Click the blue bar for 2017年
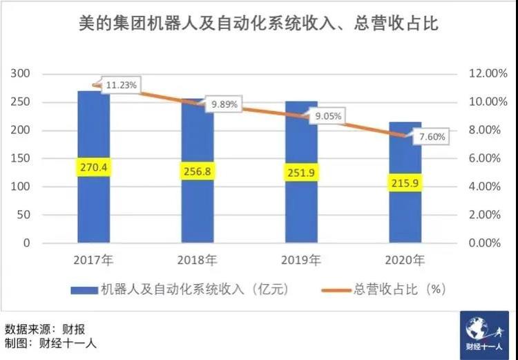point(94,167)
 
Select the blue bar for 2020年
point(405,182)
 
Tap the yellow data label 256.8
point(198,171)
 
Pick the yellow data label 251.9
point(301,172)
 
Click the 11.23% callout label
point(121,85)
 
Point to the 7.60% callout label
point(432,137)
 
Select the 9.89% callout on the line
point(224,104)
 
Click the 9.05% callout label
point(327,116)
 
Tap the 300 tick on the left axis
point(20,73)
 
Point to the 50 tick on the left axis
point(23,215)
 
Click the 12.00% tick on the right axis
point(488,73)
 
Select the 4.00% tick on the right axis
point(485,187)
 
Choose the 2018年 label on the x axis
point(198,260)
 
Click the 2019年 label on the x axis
point(301,260)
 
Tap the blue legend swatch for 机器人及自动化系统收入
point(84,290)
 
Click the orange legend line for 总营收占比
point(336,290)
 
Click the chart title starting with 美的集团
point(259,23)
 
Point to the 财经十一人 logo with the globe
point(484,335)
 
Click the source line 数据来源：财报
point(45,330)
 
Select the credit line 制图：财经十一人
point(50,343)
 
